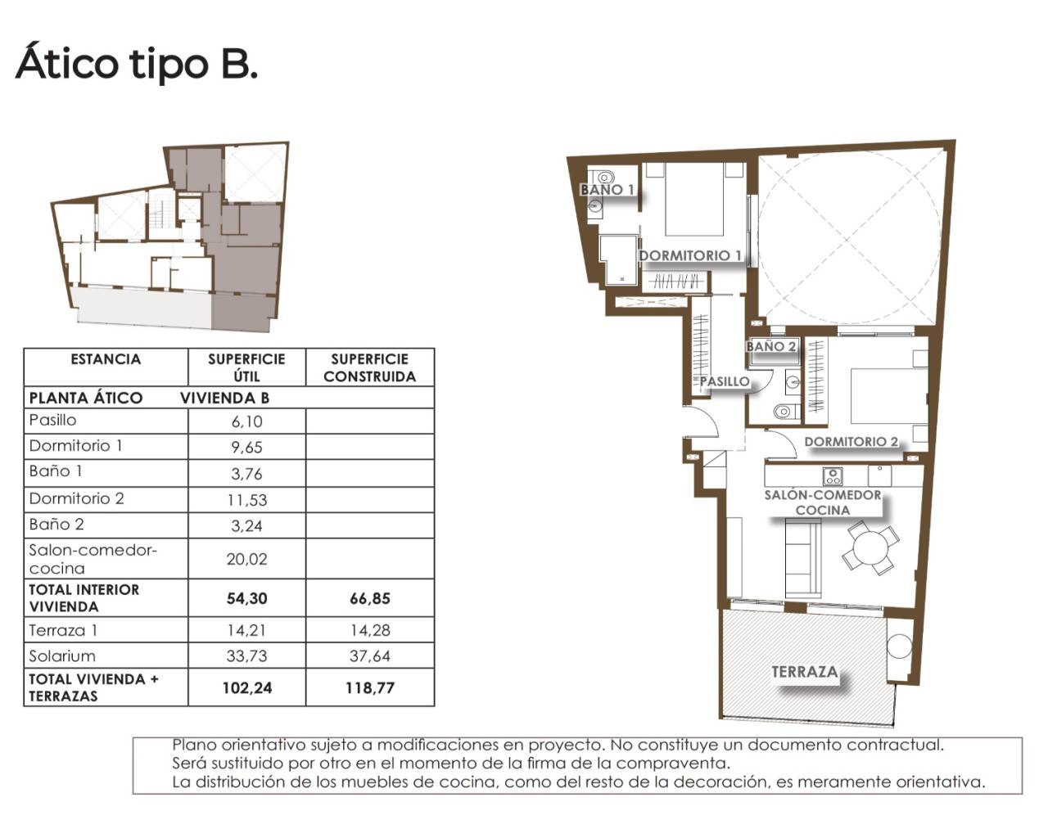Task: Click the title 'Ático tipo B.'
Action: [137, 63]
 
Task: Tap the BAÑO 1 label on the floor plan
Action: [608, 189]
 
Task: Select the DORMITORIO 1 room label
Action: [690, 255]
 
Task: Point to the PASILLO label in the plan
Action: [725, 381]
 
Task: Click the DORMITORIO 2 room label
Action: [851, 442]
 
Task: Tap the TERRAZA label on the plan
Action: [805, 672]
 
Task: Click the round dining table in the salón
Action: [870, 547]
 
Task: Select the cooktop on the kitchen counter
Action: [833, 475]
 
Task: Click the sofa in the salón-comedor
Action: [803, 558]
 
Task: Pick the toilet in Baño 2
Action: [784, 412]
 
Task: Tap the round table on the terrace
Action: [900, 647]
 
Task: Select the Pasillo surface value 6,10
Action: [247, 421]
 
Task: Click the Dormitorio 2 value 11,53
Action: [247, 499]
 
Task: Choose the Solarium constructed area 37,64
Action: [369, 656]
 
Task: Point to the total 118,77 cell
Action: [369, 687]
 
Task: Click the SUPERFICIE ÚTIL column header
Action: [246, 367]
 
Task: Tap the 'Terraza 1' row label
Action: [63, 630]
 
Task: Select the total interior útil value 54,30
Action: [247, 598]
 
